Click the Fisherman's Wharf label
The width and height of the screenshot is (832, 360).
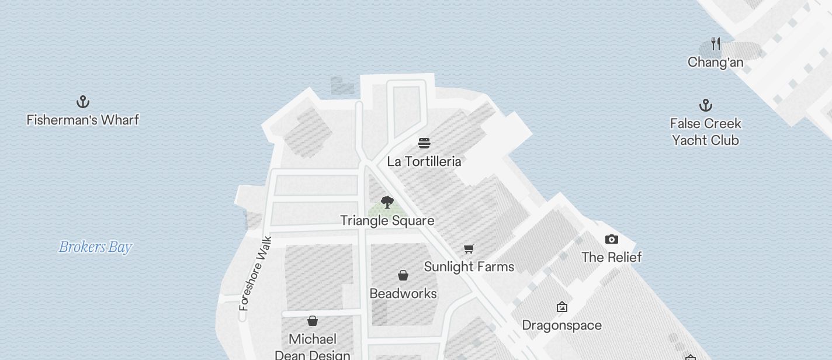[83, 120]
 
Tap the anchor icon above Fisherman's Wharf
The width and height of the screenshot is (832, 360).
[83, 102]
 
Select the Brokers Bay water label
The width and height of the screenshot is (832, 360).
[95, 247]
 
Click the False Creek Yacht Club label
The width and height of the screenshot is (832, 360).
[705, 131]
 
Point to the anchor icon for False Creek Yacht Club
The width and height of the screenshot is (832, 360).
[706, 106]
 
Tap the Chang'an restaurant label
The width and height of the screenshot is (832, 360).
[715, 62]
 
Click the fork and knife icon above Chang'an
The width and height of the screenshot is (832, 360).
[716, 44]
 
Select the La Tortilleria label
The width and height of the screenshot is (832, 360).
[424, 161]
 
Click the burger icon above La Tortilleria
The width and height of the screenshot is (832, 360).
[424, 143]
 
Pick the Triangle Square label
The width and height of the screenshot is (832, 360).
[387, 220]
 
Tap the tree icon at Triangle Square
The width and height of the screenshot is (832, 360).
[387, 202]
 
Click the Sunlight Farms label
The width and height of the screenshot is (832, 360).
[469, 266]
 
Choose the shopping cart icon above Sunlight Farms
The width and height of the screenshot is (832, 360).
[469, 249]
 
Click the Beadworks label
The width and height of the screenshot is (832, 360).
[403, 293]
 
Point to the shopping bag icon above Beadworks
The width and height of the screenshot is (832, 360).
[403, 275]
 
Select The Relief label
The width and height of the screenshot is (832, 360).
[612, 257]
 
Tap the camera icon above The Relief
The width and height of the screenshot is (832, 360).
[612, 239]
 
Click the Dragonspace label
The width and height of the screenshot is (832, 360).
[561, 325]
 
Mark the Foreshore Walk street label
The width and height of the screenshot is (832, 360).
[256, 273]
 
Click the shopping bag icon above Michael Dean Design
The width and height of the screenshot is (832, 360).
[313, 321]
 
